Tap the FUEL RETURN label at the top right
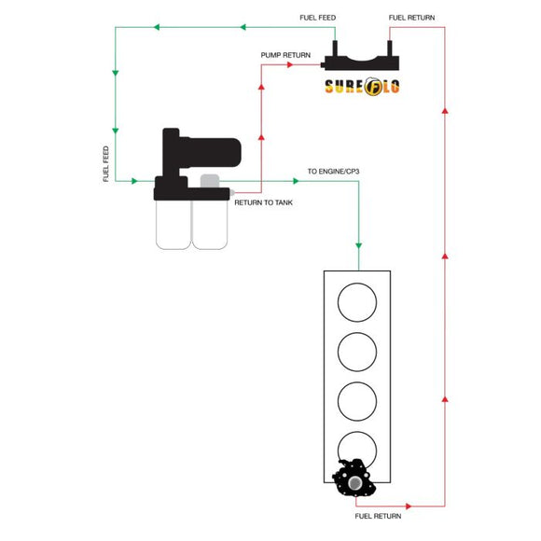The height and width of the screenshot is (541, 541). click(410, 18)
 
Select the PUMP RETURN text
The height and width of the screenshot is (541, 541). click(285, 55)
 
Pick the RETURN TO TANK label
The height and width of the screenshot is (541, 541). click(264, 202)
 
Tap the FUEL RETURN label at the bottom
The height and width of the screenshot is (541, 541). click(378, 515)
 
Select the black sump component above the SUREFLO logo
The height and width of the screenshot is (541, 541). click(361, 60)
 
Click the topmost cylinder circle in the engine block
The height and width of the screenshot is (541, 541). click(357, 304)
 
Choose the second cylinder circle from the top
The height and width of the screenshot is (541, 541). click(357, 352)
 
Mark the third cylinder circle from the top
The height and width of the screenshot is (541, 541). click(357, 400)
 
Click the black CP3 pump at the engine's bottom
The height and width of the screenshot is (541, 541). click(355, 479)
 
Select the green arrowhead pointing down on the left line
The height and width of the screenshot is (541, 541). click(115, 70)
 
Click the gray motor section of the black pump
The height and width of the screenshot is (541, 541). click(209, 182)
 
